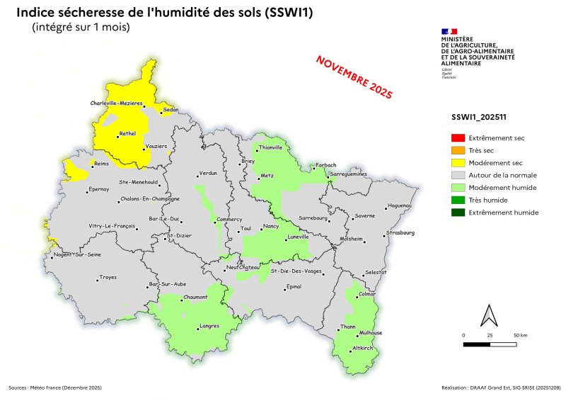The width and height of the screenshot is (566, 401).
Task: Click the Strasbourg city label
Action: [x=400, y=232]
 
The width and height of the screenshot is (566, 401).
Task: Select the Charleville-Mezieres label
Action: [x=117, y=103]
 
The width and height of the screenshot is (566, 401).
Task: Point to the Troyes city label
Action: [x=108, y=277]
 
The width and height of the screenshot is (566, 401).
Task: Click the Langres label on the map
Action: [x=210, y=326]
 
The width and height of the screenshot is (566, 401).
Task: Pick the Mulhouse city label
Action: [x=371, y=332]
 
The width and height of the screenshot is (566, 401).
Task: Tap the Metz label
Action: [x=267, y=175]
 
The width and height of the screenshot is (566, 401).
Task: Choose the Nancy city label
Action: [x=271, y=226]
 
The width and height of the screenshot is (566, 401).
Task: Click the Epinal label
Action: [x=293, y=287]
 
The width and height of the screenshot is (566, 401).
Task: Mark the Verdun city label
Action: [x=208, y=173]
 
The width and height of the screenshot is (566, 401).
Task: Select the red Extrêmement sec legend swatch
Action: [x=458, y=138]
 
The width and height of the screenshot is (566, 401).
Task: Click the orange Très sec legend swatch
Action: [x=458, y=150]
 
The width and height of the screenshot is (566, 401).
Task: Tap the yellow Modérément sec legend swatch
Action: [x=458, y=163]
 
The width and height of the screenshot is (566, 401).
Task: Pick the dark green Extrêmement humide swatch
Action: [x=458, y=213]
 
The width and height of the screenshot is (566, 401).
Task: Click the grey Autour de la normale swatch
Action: [x=458, y=175]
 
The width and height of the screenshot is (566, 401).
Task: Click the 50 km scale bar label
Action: [x=520, y=334]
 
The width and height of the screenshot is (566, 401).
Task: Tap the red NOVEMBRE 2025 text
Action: [x=354, y=76]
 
